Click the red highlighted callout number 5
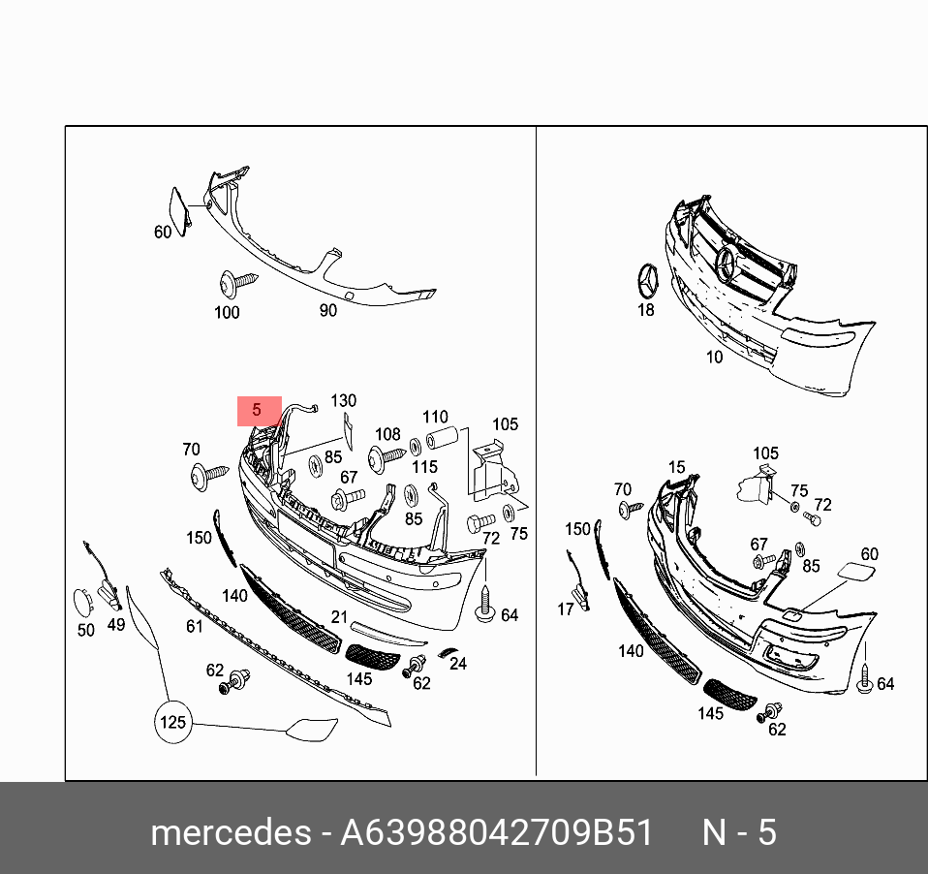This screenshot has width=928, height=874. pos(257,410)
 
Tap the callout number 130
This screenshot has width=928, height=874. pos(343,401)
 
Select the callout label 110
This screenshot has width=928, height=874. pos(435,417)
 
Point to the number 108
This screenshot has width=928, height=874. pos(387,434)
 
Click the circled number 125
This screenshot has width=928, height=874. pos(172,723)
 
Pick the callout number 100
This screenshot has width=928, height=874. pos(227,313)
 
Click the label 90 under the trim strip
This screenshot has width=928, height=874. pos(327,310)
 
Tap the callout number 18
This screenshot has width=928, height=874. pos(646,310)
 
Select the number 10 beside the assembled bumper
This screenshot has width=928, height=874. pos(714,357)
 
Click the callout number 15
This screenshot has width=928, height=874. pos(676,467)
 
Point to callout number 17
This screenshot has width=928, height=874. pos(565,609)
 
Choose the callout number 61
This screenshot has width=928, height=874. pos(194,626)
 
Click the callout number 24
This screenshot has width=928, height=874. pos(458,664)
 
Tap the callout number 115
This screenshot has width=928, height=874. pos(424,467)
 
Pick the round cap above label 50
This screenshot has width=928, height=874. pos(83,604)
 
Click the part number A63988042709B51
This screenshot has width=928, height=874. pos(496,832)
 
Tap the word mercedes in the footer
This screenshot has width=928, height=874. pos(231,832)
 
